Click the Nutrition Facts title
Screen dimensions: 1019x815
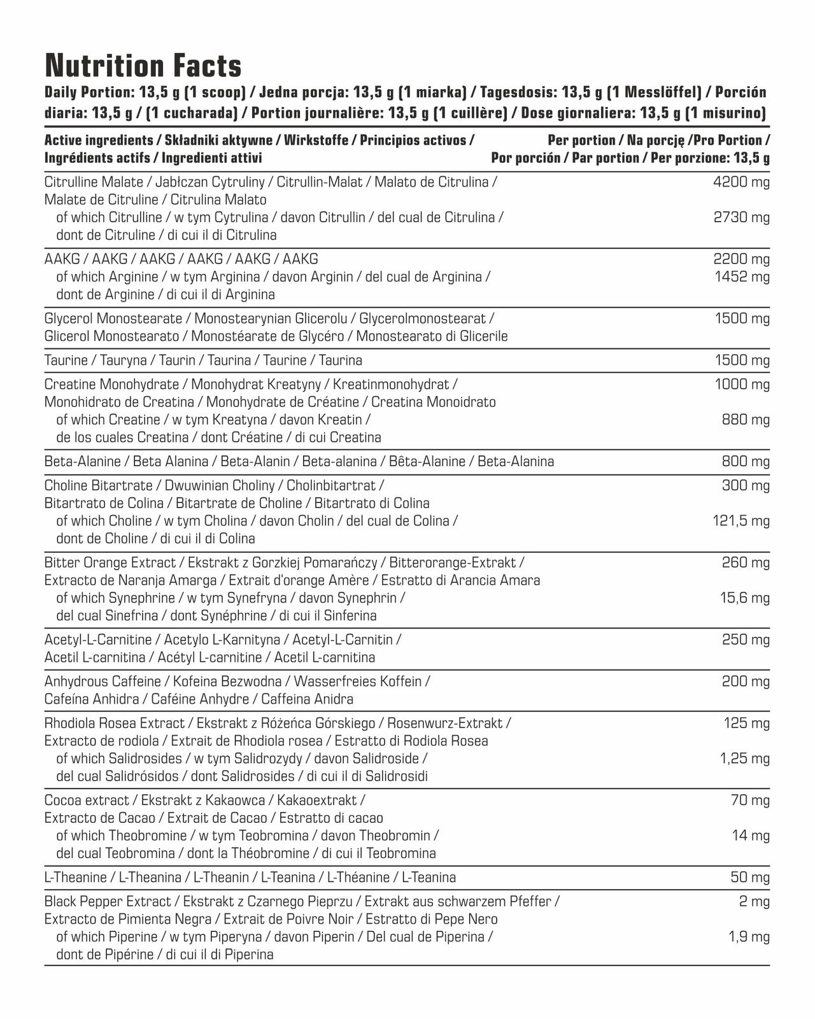point(143,66)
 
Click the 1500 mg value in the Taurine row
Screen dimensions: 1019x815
point(742,360)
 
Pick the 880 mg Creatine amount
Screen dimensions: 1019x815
point(746,420)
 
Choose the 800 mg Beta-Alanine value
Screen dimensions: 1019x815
point(746,462)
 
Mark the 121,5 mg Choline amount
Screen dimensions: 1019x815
point(741,521)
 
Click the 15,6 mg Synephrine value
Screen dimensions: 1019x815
point(744,598)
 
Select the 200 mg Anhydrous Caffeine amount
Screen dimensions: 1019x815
point(746,681)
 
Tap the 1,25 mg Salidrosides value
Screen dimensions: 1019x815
point(744,759)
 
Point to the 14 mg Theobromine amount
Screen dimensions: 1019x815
point(751,836)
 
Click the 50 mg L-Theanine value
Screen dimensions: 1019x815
point(750,878)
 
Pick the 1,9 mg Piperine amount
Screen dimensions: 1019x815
point(749,937)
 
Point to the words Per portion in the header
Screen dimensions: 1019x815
point(581,140)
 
